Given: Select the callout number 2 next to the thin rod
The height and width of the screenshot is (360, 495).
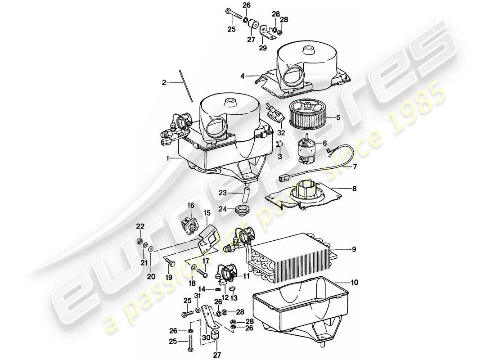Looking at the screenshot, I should click(164, 82).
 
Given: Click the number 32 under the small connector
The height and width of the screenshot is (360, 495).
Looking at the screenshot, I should click(281, 133).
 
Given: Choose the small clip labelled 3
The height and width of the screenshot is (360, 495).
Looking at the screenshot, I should click(279, 144).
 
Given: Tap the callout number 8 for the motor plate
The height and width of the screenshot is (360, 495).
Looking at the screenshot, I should click(355, 189).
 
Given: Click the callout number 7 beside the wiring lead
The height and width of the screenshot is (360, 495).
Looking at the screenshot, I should click(354, 166).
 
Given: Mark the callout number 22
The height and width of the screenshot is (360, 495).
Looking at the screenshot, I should click(140, 226).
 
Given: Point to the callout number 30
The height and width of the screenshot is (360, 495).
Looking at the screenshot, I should click(205, 337).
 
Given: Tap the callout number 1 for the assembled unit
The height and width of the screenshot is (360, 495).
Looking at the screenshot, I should click(167, 158).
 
